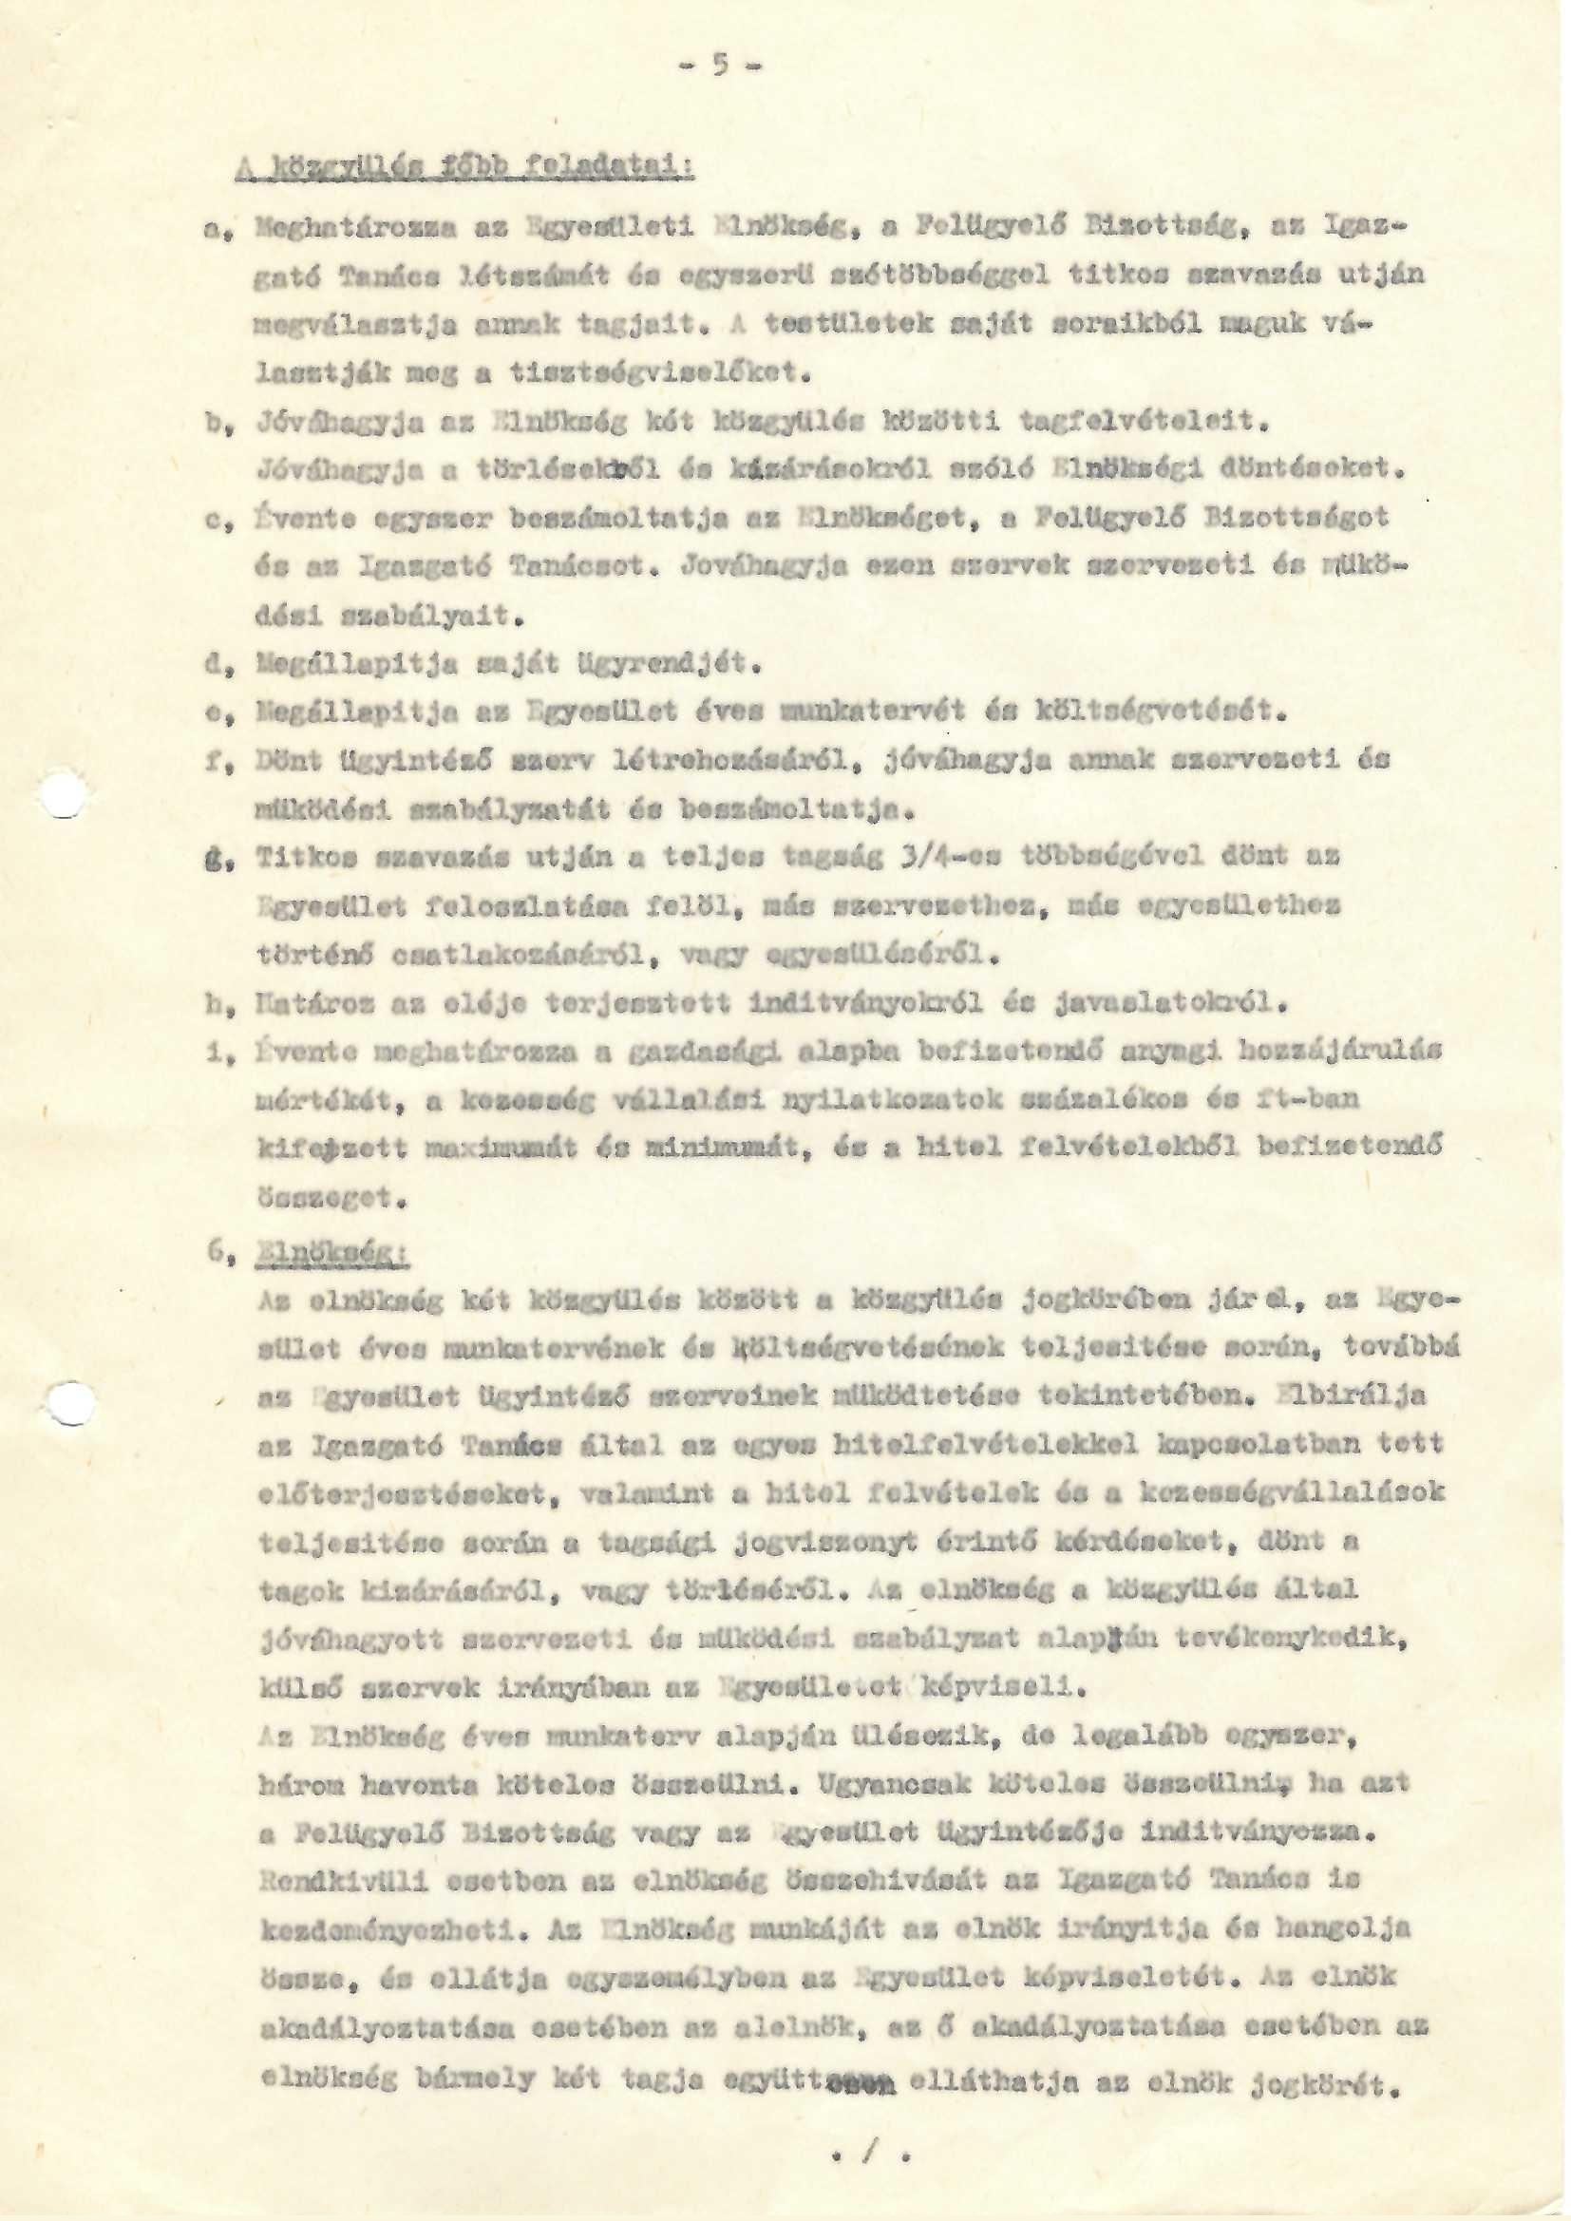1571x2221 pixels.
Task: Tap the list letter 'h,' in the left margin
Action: [x=217, y=1006]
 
